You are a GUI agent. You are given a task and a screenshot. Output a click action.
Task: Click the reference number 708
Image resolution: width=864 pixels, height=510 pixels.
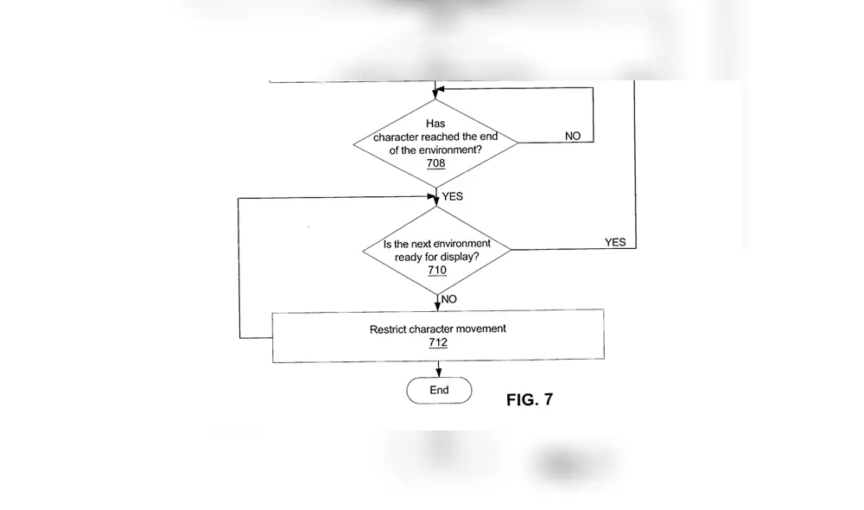pyautogui.click(x=435, y=163)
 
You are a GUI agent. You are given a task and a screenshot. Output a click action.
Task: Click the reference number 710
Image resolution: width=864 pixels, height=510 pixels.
pyautogui.click(x=437, y=271)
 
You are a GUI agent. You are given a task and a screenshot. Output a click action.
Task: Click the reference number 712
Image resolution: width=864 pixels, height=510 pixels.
pyautogui.click(x=438, y=343)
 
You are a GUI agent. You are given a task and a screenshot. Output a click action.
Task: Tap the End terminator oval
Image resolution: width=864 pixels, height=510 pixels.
pyautogui.click(x=439, y=390)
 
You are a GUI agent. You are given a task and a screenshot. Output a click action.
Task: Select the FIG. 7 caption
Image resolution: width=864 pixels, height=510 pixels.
pyautogui.click(x=529, y=399)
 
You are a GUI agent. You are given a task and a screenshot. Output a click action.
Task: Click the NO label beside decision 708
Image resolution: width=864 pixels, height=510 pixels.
pyautogui.click(x=573, y=136)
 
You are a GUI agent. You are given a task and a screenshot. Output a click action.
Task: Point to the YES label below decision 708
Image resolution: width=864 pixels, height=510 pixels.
pyautogui.click(x=453, y=196)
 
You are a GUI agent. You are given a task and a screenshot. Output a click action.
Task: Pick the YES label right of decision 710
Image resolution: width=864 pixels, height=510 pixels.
pyautogui.click(x=614, y=242)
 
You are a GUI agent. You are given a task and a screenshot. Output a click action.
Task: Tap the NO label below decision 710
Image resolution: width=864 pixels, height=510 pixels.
pyautogui.click(x=449, y=299)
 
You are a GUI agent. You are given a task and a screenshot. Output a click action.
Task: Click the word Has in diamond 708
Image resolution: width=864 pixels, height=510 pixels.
pyautogui.click(x=435, y=124)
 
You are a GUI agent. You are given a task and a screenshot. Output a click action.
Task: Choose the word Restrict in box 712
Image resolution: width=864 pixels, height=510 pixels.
pyautogui.click(x=389, y=328)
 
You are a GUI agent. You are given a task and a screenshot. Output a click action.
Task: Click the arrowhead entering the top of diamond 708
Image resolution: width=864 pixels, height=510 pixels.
pyautogui.click(x=437, y=95)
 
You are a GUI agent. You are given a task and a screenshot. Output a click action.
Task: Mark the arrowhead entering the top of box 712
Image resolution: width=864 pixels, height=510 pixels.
pyautogui.click(x=438, y=309)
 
